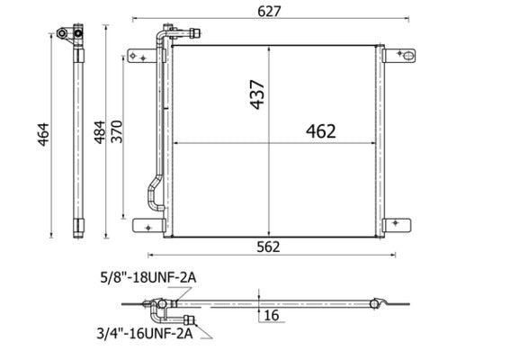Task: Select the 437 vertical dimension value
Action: [x=259, y=92]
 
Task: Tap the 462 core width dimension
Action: [x=319, y=131]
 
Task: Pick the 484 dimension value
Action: [x=100, y=136]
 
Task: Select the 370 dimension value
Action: [x=116, y=136]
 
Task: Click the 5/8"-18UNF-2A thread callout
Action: [x=149, y=279]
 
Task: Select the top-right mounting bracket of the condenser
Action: [x=399, y=57]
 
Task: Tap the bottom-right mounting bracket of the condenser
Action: [x=398, y=225]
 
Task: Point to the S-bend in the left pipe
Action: [x=152, y=193]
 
